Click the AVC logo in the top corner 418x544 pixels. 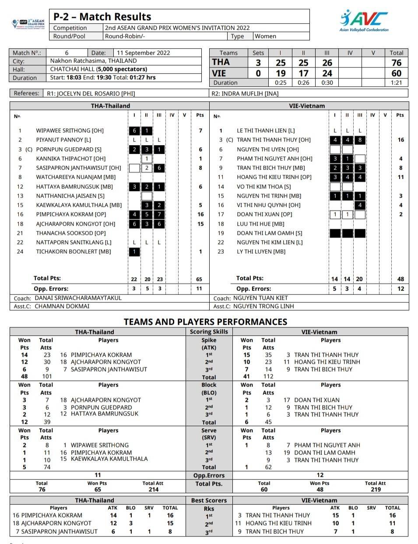tap(364, 20)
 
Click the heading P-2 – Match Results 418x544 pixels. tap(102, 17)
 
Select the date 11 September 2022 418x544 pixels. tap(143, 53)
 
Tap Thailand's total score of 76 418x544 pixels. tap(396, 63)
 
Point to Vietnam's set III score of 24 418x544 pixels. tap(327, 73)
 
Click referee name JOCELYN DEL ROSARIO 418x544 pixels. tap(96, 93)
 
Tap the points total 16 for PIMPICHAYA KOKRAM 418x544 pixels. tap(200, 214)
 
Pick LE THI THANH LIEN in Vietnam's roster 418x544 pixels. tap(266, 131)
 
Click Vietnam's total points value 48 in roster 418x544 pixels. tap(400, 279)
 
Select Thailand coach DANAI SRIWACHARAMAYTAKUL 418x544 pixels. tap(78, 298)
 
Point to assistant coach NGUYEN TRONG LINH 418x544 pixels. tap(263, 306)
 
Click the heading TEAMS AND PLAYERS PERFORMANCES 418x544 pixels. tap(205, 322)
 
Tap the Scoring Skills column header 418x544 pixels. tap(209, 332)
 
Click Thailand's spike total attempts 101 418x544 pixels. tap(47, 377)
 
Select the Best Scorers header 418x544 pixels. tap(209, 500)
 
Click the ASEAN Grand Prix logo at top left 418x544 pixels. tap(29, 24)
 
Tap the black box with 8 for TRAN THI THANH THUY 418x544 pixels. tap(359, 140)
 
